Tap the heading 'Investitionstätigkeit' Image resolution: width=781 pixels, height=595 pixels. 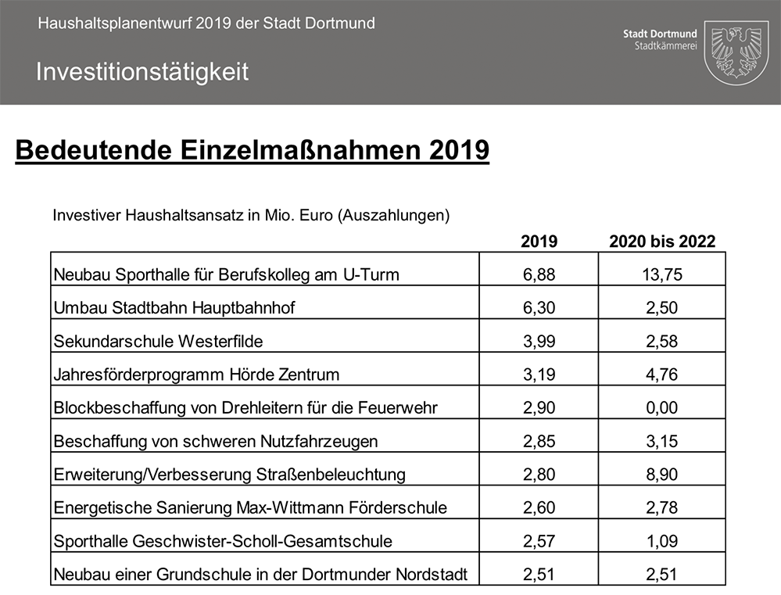[142, 72]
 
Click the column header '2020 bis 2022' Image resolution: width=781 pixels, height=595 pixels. [662, 242]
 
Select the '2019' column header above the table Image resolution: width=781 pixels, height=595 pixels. [539, 242]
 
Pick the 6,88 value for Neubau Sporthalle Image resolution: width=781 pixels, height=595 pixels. [539, 274]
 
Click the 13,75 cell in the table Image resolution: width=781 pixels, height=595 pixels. [662, 274]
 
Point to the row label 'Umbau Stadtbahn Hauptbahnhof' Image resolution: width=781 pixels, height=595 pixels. [174, 308]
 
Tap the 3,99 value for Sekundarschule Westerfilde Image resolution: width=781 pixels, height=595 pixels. [539, 341]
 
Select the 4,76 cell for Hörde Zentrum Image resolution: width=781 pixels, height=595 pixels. [662, 375]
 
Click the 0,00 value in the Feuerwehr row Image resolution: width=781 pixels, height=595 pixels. [662, 408]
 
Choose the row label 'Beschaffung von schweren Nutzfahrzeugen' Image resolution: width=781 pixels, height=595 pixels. [216, 441]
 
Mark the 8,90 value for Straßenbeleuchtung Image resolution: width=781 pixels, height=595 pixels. [662, 475]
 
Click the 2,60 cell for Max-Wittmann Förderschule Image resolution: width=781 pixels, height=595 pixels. [539, 508]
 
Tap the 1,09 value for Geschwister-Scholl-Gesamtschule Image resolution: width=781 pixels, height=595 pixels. [662, 541]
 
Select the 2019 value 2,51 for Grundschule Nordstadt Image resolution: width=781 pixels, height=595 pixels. [539, 575]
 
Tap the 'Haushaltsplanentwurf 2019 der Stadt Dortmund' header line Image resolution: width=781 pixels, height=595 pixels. [206, 23]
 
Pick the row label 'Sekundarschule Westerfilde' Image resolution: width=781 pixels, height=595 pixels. [159, 341]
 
